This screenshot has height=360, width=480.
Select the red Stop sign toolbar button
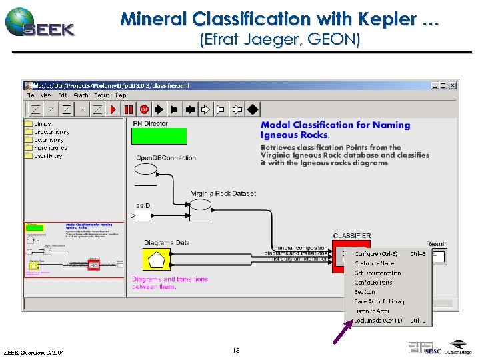pos(145,109)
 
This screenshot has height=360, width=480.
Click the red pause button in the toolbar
pos(129,109)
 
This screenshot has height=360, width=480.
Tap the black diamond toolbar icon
pos(253,109)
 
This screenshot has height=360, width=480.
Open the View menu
pos(45,95)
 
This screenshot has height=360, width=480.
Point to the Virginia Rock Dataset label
pos(223,193)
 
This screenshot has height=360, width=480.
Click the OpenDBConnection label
pos(166,158)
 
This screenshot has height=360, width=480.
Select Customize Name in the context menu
pos(374,263)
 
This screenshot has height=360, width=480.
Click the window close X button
pos(453,85)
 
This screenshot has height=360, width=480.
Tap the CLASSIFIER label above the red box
pos(352,236)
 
